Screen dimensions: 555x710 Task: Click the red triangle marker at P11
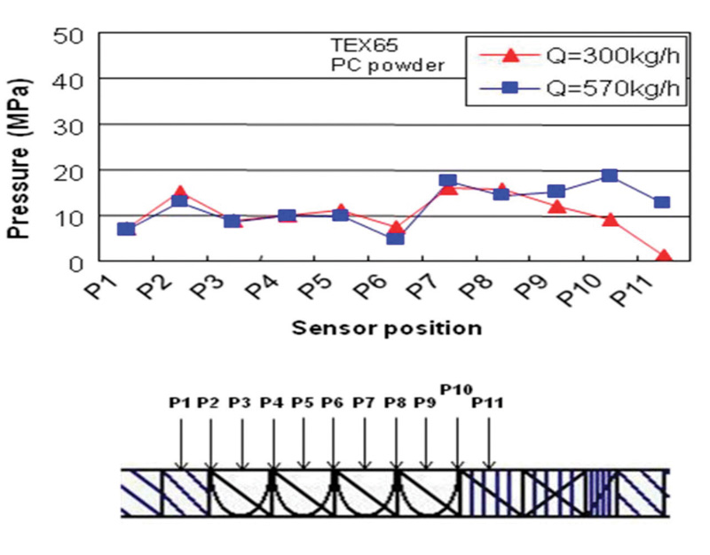coord(664,257)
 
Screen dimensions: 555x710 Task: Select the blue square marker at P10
coord(610,176)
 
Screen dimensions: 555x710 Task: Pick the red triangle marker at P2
coord(179,192)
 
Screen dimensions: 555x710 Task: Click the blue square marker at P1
coord(126,229)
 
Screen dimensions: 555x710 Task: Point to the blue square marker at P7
coord(448,181)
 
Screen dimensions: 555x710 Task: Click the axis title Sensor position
coord(387,328)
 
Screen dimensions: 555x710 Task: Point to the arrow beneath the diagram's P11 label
coord(489,439)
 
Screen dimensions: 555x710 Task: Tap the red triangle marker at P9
coord(556,207)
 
